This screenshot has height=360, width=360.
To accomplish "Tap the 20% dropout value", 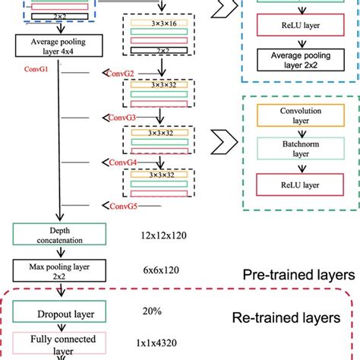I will coord(153,310).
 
